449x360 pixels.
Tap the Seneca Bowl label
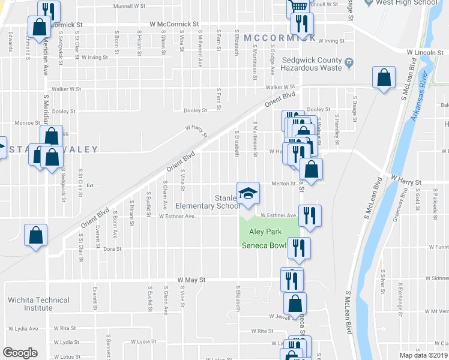pos(263,245)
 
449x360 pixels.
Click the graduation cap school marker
pos(248,193)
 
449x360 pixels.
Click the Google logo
pos(20,353)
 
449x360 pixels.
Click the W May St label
pos(191,280)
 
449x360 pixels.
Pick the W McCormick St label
pos(173,24)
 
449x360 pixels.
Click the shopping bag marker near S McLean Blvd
pos(384,78)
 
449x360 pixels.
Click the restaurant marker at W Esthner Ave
pos(310,216)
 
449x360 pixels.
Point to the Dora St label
pos(112,248)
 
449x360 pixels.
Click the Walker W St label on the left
pos(66,89)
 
